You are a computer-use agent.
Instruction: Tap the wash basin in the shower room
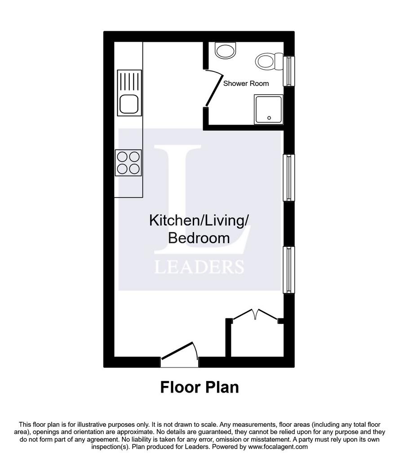[x=225, y=50]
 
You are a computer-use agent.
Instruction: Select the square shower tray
[x=268, y=109]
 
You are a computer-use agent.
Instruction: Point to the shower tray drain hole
[x=269, y=118]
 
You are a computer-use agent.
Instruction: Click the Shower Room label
[x=246, y=84]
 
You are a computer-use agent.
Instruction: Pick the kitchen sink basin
[x=129, y=104]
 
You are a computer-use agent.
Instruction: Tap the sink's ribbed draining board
[x=129, y=81]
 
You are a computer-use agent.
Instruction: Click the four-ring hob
[x=128, y=163]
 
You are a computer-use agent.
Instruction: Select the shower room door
[x=213, y=88]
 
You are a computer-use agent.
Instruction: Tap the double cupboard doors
[x=255, y=314]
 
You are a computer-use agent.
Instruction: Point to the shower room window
[x=289, y=71]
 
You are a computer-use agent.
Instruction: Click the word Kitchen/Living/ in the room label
[x=199, y=221]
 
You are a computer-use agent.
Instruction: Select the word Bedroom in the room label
[x=199, y=238]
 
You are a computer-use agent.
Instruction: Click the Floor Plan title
[x=199, y=387]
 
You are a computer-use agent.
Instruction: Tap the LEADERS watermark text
[x=199, y=267]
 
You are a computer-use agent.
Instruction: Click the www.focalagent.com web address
[x=278, y=447]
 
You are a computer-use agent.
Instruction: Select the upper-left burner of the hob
[x=122, y=157]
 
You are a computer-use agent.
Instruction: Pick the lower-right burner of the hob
[x=134, y=169]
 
